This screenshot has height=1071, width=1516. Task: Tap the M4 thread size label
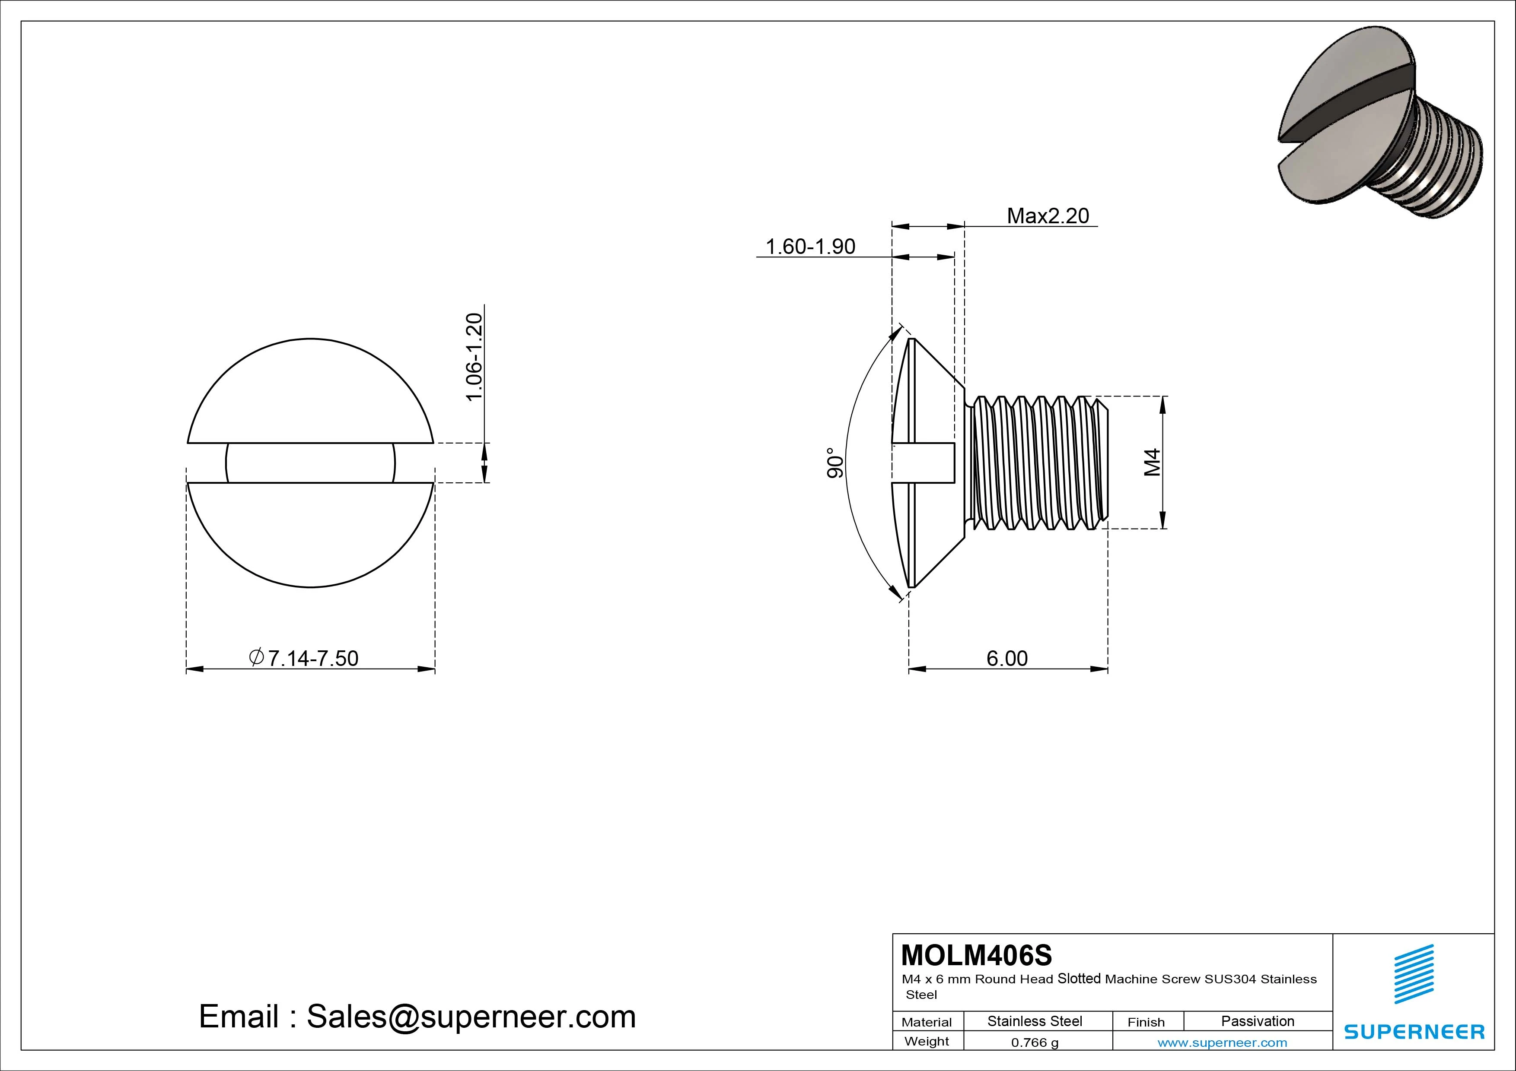1152,462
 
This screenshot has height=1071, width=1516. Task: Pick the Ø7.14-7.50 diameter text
304,658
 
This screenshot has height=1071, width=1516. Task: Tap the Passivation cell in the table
1257,1021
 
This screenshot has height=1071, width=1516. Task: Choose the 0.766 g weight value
1035,1042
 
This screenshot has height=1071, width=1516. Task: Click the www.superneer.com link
1222,1042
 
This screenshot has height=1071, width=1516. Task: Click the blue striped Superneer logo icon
1414,974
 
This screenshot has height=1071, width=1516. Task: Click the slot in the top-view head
310,463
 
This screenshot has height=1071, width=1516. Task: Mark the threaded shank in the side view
1037,463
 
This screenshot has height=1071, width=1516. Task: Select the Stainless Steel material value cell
1035,1021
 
